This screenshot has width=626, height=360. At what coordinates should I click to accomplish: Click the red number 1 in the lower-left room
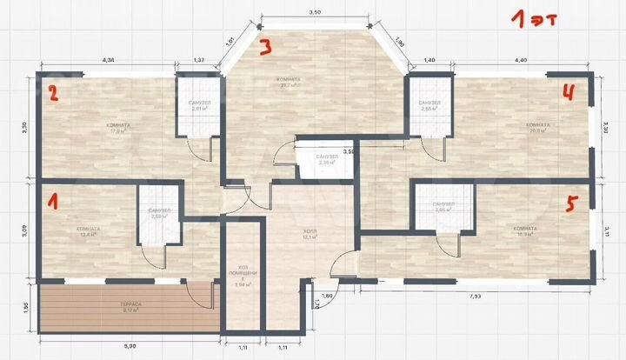[53, 203]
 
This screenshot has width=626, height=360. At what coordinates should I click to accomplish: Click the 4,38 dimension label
[110, 60]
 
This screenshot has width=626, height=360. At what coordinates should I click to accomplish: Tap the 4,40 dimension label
[521, 59]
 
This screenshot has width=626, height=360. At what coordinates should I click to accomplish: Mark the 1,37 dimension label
[199, 60]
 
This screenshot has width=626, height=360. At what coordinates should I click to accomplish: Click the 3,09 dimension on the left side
[25, 231]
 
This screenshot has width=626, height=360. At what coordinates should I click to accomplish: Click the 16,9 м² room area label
[526, 232]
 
